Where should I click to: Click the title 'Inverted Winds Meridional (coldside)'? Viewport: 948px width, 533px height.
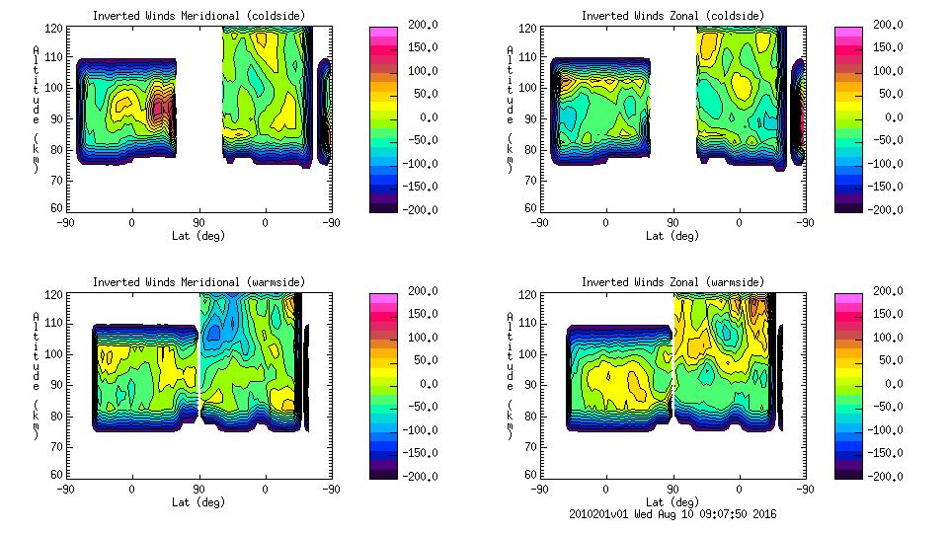pos(199,16)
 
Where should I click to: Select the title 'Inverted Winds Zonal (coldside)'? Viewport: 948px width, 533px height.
pos(671,16)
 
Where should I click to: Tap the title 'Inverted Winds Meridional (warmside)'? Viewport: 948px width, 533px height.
pos(199,282)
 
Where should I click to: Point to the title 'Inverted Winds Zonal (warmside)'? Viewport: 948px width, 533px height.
pos(671,282)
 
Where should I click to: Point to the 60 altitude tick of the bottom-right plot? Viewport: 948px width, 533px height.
pos(523,475)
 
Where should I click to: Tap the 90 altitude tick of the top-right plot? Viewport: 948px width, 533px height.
pos(523,117)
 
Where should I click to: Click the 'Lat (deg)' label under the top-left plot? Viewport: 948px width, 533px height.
pos(199,236)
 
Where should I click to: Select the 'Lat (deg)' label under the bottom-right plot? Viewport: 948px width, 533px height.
pos(671,501)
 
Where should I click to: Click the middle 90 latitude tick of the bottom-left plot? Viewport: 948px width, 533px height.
pos(198,489)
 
